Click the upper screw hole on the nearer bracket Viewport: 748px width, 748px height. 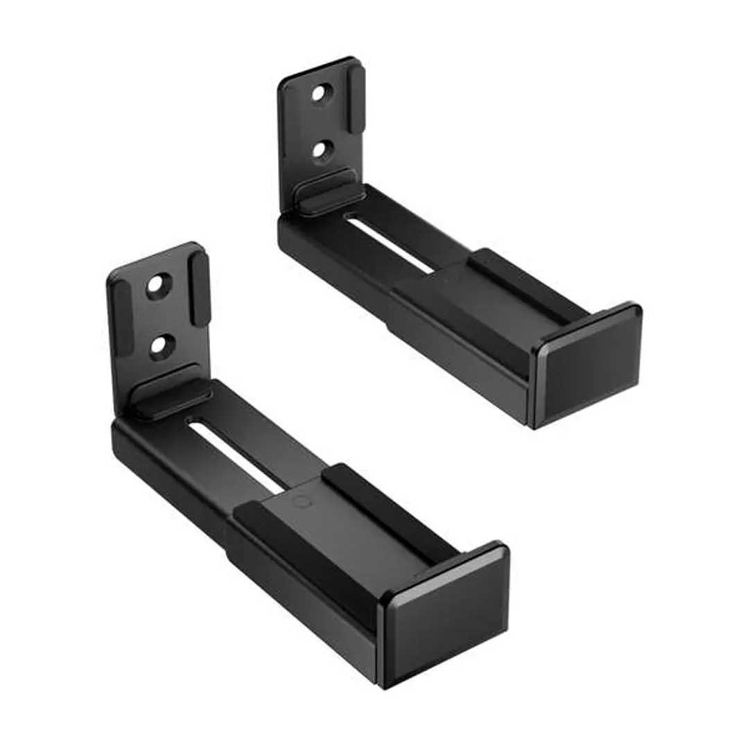(159, 286)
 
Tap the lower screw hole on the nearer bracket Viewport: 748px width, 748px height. (160, 345)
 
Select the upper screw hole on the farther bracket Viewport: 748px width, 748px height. (319, 94)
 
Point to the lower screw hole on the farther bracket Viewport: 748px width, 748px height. (321, 150)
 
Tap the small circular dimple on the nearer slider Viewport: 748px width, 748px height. (299, 501)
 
